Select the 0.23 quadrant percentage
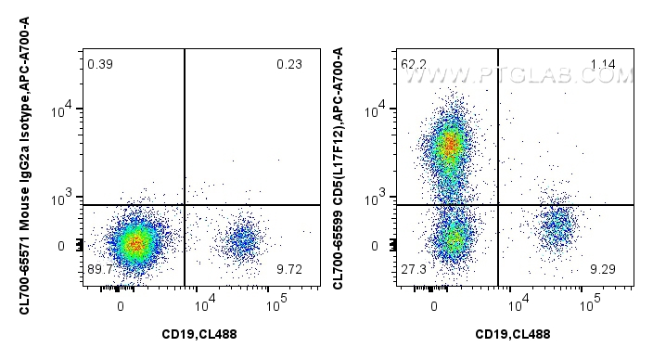[x=288, y=64]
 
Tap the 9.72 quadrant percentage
[x=288, y=269]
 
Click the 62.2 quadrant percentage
[x=414, y=64]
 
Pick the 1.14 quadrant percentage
[x=604, y=64]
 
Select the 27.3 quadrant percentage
[x=414, y=269]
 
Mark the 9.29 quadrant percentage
[x=604, y=269]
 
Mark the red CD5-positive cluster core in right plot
[x=450, y=145]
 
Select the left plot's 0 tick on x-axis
[x=122, y=304]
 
